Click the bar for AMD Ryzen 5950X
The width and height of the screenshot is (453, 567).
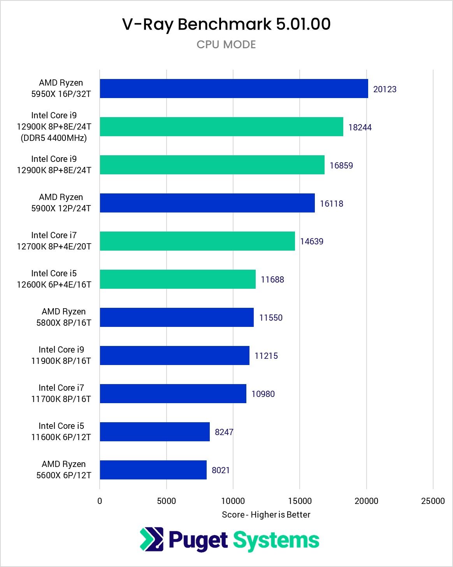pos(234,89)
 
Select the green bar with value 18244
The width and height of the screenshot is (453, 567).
pos(221,127)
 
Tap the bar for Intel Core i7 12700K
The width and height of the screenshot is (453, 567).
pos(197,241)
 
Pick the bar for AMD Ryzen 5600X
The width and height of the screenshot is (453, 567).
pos(153,470)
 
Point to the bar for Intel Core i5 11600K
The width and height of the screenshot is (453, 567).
pos(155,432)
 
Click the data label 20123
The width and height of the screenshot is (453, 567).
pos(385,89)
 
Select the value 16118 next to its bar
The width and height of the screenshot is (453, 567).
pos(331,204)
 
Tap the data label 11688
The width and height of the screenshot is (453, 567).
pos(272,279)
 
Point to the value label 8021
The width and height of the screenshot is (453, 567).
pos(220,470)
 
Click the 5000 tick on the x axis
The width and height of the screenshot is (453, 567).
pos(166,501)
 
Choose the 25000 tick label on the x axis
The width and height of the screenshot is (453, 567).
pos(432,501)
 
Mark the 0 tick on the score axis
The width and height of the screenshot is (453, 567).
pos(100,501)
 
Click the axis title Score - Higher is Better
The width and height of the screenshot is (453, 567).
pos(266,514)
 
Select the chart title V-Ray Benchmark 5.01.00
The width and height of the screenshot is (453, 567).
pos(226,24)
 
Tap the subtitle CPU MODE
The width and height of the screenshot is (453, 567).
pos(226,44)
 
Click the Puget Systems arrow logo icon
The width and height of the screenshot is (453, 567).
pos(152,539)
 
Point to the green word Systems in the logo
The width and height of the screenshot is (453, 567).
pos(276,540)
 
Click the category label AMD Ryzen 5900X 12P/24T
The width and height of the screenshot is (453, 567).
pos(61,203)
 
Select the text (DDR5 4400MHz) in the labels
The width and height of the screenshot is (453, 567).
pos(54,138)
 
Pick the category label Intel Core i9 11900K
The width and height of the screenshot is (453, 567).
pos(61,355)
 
